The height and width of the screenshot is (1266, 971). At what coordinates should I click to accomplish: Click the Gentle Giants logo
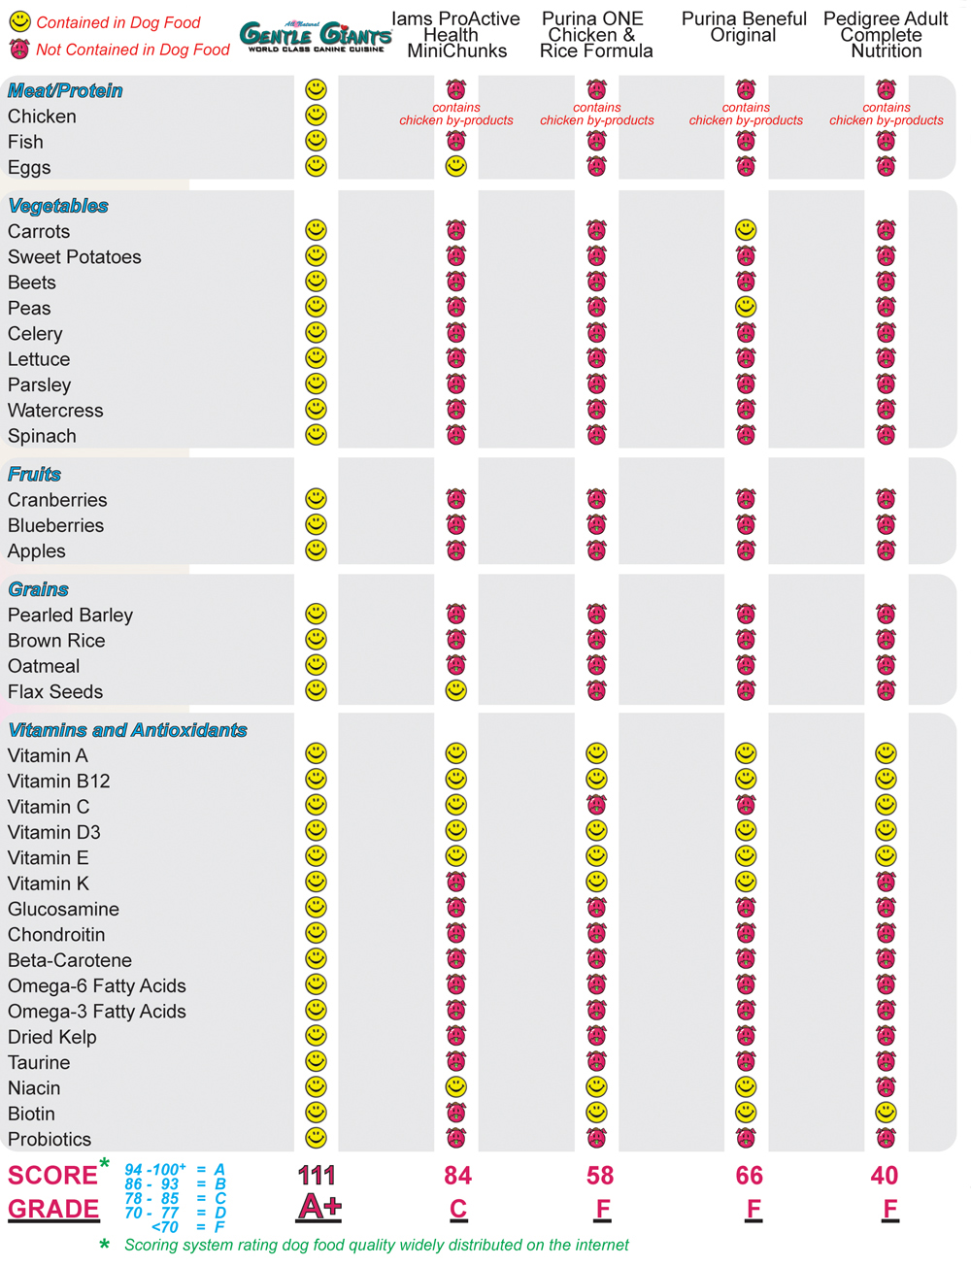tap(316, 36)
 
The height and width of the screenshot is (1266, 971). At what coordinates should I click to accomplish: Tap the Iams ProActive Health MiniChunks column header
tap(455, 35)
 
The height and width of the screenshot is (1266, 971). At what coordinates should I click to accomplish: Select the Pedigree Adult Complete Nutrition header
tap(886, 35)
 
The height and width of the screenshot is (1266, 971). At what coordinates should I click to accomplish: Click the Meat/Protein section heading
tap(65, 90)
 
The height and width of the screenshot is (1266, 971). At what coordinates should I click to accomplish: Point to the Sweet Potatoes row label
tap(75, 257)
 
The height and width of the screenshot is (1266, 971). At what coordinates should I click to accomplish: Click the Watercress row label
tap(55, 411)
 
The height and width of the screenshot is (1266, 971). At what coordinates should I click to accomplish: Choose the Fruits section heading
tap(34, 474)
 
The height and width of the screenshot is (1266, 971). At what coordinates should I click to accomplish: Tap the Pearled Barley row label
tap(70, 616)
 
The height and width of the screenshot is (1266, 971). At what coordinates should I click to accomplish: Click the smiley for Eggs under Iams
tap(455, 166)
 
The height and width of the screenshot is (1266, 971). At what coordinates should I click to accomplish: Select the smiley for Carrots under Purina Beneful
tap(745, 230)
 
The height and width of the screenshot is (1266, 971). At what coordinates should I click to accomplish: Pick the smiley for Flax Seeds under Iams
tap(455, 690)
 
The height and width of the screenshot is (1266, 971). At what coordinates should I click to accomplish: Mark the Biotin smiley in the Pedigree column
tap(886, 1112)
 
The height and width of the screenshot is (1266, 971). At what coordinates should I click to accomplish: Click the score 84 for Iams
tap(457, 1176)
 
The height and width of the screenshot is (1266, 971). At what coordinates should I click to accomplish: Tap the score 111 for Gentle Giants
tap(317, 1176)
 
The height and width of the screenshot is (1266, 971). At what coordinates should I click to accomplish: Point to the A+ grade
tap(318, 1208)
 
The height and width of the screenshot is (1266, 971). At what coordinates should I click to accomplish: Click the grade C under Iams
tap(457, 1209)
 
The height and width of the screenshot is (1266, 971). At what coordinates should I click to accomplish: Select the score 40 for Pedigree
tap(885, 1176)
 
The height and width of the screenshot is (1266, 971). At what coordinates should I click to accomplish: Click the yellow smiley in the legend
tap(19, 21)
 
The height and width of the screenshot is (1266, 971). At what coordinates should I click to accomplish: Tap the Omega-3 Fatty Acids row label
tap(97, 1012)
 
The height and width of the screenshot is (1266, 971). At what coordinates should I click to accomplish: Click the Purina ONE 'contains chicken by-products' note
tap(596, 115)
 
